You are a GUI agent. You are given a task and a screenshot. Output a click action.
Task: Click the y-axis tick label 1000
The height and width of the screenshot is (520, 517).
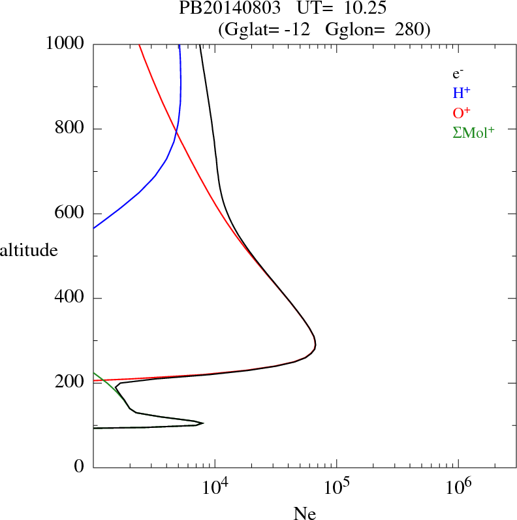coord(67,44)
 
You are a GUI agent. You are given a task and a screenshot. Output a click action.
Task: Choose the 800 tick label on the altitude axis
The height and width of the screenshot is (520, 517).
coord(71,129)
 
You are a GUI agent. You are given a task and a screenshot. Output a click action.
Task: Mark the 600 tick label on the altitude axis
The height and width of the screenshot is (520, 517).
coord(71,214)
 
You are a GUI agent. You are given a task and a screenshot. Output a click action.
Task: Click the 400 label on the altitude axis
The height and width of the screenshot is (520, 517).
coord(71,299)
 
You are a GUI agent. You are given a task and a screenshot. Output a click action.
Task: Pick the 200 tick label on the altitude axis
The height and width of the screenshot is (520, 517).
coord(71,383)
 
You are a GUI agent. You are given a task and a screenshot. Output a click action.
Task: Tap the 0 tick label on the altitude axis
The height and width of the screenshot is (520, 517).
coord(80,467)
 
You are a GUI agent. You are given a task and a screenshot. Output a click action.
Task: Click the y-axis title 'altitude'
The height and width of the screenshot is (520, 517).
coord(29,250)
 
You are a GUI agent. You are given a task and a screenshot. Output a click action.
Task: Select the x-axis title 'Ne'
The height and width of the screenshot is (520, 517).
coord(305,513)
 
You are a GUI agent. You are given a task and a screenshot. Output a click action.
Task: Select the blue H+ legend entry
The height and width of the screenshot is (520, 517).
coord(462,93)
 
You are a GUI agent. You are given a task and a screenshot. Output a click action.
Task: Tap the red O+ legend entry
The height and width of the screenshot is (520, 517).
coord(462,113)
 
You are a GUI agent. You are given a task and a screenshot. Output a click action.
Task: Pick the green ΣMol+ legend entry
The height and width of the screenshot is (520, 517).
coord(473,133)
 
